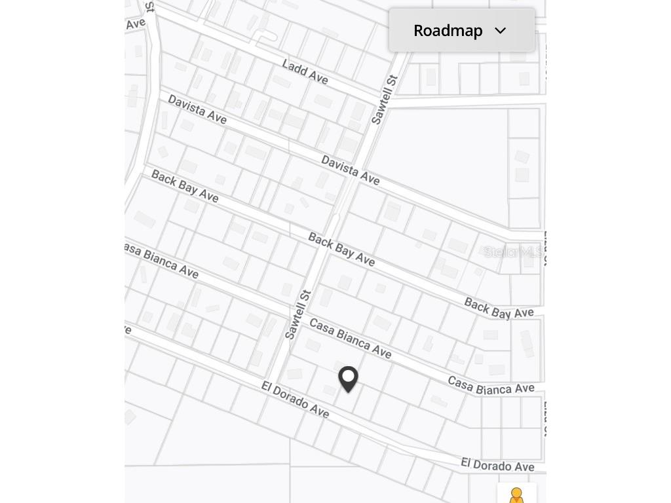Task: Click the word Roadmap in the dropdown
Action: (x=448, y=31)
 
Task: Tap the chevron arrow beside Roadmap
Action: (x=501, y=31)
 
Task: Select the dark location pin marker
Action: (x=348, y=379)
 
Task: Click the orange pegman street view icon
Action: (x=516, y=495)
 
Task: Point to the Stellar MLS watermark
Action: (x=513, y=252)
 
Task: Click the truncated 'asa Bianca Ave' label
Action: (x=161, y=260)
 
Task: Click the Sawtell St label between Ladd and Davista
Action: (x=385, y=100)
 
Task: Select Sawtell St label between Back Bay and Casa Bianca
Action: (x=297, y=316)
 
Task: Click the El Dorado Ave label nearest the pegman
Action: (x=497, y=465)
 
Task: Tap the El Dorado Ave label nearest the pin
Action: (x=295, y=400)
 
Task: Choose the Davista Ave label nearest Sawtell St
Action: (x=350, y=170)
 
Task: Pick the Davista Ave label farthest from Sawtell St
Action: (x=197, y=109)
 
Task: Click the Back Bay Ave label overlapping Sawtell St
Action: (x=341, y=250)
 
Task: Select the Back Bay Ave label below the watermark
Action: (x=499, y=308)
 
